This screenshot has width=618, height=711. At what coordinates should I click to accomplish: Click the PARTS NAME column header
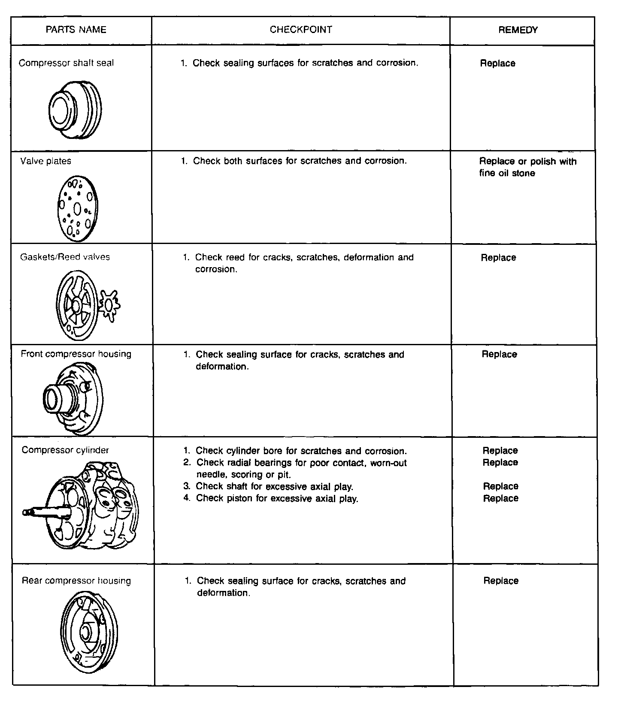(x=76, y=30)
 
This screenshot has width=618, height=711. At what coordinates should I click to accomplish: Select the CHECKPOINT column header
(x=301, y=30)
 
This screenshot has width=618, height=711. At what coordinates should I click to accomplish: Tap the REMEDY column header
(x=518, y=30)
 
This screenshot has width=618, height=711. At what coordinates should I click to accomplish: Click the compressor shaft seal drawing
(x=75, y=109)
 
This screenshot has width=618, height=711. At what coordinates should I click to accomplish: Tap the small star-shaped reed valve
(x=109, y=305)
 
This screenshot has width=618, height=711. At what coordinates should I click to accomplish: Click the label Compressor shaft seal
(x=67, y=63)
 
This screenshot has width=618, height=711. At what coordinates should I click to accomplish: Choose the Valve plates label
(x=46, y=161)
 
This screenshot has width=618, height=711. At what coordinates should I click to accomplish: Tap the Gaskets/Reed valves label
(x=65, y=257)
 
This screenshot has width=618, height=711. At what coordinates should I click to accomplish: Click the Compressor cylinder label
(x=65, y=450)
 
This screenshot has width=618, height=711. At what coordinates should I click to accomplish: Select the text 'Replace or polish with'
(x=528, y=161)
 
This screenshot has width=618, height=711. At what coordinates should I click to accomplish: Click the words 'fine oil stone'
(x=507, y=173)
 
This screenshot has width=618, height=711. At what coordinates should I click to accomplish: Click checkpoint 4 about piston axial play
(x=277, y=498)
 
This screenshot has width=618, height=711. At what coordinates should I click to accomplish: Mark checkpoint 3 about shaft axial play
(x=274, y=486)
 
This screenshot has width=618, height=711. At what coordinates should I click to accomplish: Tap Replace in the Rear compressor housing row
(x=501, y=581)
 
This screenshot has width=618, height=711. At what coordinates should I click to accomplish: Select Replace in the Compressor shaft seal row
(x=498, y=63)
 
